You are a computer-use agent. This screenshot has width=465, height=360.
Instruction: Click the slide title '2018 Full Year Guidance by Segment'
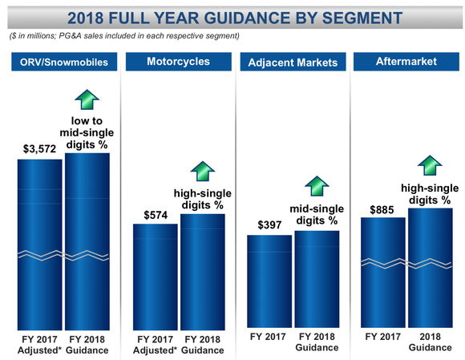[x=232, y=16]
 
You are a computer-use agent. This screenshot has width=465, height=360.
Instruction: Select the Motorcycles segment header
[x=178, y=62]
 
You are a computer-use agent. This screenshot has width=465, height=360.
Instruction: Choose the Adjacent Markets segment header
[x=293, y=62]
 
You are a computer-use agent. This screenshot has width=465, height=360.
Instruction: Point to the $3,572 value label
[x=38, y=148]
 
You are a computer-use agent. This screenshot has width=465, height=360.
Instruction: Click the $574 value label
[x=155, y=214]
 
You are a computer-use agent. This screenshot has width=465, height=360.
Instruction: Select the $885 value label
[x=382, y=208]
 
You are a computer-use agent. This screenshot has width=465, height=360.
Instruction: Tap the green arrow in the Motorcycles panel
[x=201, y=170]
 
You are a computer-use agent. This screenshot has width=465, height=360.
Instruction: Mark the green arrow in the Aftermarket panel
[x=430, y=164]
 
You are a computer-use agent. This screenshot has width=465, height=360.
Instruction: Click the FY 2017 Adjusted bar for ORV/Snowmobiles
[x=39, y=241]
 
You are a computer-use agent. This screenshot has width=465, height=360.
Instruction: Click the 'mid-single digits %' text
[x=316, y=214]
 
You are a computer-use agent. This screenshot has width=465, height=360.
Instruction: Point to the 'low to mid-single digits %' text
[x=86, y=133]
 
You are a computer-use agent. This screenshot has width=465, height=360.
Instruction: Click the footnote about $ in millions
[x=124, y=36]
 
